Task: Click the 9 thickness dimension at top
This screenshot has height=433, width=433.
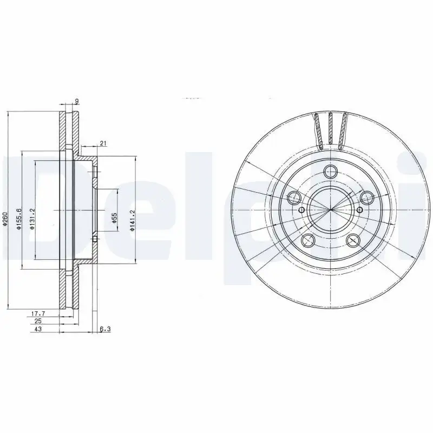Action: tap(77, 101)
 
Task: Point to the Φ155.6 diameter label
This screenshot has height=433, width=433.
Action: tap(18, 219)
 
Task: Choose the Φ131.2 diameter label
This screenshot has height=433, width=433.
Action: tap(32, 219)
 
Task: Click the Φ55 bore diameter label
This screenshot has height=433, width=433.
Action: tap(114, 218)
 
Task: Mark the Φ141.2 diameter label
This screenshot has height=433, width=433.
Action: tap(132, 221)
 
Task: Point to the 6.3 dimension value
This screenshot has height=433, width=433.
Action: tap(105, 329)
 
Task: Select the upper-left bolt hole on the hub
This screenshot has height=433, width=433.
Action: tap(294, 196)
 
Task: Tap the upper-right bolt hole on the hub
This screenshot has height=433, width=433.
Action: tap(366, 196)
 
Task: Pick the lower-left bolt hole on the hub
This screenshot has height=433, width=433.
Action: tap(307, 240)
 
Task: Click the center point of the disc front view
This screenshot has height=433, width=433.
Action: tap(330, 210)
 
